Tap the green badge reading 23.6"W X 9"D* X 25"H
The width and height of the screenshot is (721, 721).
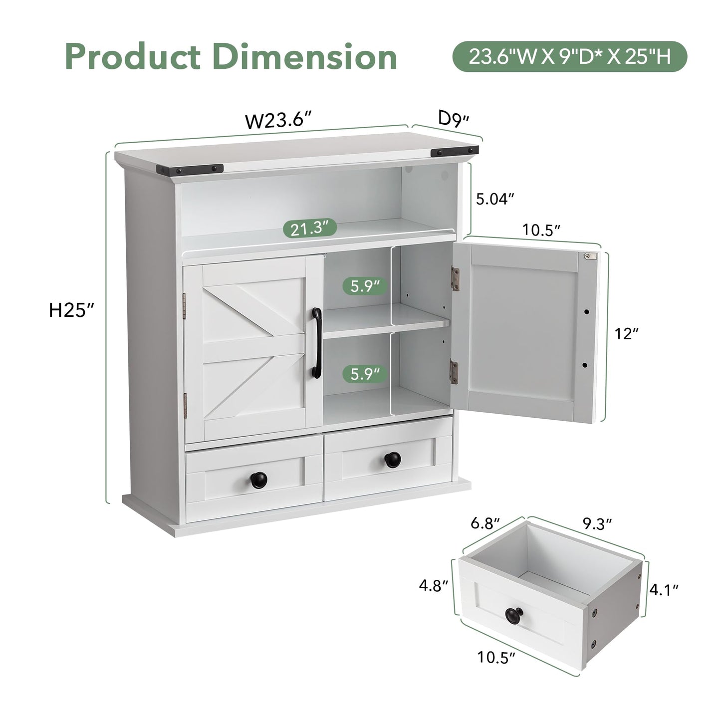570,56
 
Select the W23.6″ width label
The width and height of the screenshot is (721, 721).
278,120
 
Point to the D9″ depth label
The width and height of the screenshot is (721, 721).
454,119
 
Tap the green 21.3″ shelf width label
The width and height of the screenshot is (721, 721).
310,228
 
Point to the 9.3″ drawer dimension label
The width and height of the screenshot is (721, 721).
597,524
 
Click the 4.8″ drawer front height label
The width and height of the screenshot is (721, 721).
434,586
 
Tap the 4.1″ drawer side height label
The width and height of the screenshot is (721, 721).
664,590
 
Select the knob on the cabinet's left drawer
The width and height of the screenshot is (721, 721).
259,480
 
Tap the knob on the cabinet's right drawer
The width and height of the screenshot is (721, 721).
393,460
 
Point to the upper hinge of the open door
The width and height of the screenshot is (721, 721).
456,278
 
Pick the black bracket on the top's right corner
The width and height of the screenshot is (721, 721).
455,152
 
